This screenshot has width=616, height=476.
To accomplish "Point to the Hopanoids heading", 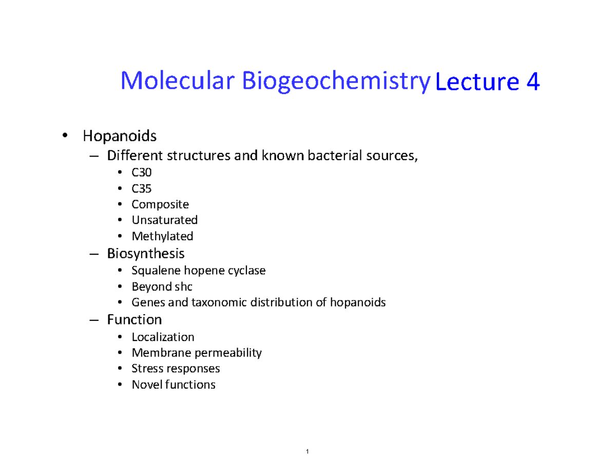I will pyautogui.click(x=119, y=137).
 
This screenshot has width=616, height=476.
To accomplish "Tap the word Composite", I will pyautogui.click(x=160, y=204).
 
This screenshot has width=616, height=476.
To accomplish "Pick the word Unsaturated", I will pyautogui.click(x=164, y=220).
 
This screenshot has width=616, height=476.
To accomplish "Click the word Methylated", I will pyautogui.click(x=162, y=236).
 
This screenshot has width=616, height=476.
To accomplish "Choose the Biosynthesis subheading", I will pyautogui.click(x=146, y=253).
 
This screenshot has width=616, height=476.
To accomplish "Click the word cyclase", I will pyautogui.click(x=247, y=271).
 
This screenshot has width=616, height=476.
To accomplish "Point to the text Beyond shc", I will pyautogui.click(x=162, y=287).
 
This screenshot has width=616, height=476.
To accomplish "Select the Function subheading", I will pyautogui.click(x=134, y=319).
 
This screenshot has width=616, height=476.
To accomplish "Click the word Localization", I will pyautogui.click(x=163, y=337).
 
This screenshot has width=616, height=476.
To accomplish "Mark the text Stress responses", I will pyautogui.click(x=176, y=369).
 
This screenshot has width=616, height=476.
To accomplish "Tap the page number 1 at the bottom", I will pyautogui.click(x=306, y=452).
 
